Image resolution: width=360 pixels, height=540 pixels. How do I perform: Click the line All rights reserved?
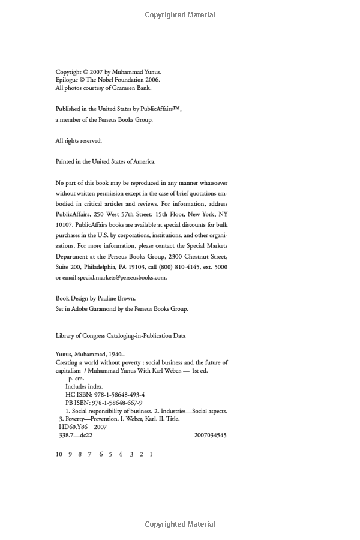[79, 140]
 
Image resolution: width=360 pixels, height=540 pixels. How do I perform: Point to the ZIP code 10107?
[64, 224]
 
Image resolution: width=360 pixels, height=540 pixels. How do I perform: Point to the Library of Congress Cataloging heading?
[121, 336]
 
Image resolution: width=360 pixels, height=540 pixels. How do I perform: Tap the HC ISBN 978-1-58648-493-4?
[105, 394]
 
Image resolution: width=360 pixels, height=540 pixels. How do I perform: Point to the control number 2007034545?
[211, 435]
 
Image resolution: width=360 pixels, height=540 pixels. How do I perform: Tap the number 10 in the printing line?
[59, 454]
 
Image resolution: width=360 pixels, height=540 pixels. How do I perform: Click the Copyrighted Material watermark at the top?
[180, 15]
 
